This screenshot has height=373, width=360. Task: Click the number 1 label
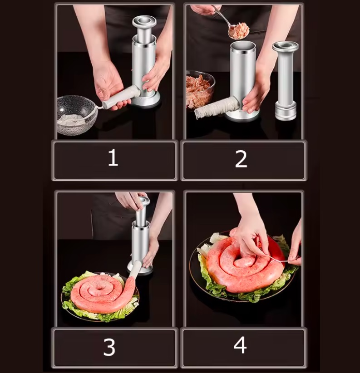coord(113,158)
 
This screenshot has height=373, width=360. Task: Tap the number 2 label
coord(241,159)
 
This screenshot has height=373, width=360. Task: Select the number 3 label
coord(109,347)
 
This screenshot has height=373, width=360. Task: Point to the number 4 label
coord(240,346)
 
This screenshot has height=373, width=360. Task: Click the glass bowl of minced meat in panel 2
coord(198,88)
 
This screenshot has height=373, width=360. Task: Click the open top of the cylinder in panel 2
coord(243,46)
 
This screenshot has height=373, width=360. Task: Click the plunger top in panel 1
coord(144,21)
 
